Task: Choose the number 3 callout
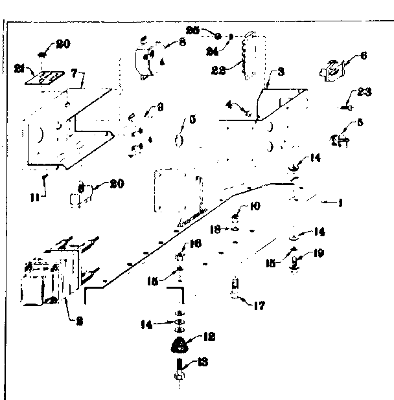pyautogui.click(x=280, y=72)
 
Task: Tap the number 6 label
pyautogui.click(x=363, y=56)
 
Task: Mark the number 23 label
pyautogui.click(x=364, y=93)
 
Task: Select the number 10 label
pyautogui.click(x=255, y=207)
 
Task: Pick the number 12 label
pyautogui.click(x=209, y=337)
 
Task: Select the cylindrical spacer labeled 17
pyautogui.click(x=236, y=288)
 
